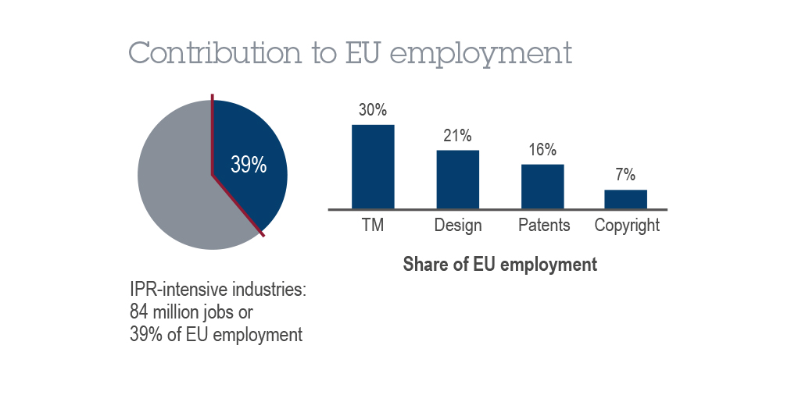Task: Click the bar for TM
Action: click(x=373, y=166)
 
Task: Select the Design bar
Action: click(x=457, y=179)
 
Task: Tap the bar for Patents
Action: click(x=542, y=186)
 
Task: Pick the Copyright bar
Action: click(x=625, y=199)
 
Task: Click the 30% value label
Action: click(x=373, y=110)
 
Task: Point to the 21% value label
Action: click(x=457, y=136)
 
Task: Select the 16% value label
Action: click(x=542, y=150)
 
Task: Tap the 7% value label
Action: click(x=625, y=175)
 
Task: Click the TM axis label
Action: click(x=372, y=226)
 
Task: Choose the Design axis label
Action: click(x=458, y=226)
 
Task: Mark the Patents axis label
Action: click(x=544, y=226)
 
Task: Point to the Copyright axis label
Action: click(x=627, y=226)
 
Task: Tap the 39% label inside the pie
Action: click(x=249, y=165)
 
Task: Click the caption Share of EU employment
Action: click(x=499, y=265)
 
